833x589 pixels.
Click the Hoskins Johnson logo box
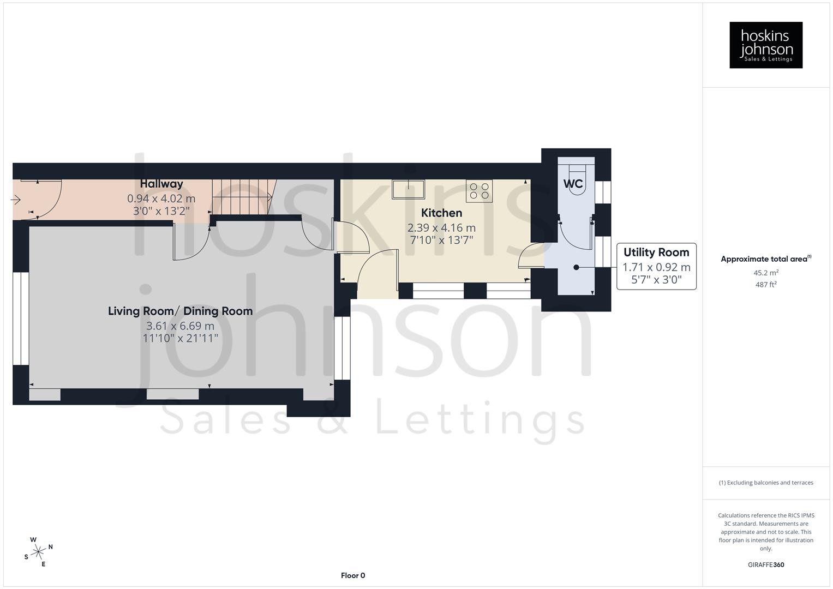[x=765, y=45]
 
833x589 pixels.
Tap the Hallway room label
[x=161, y=184]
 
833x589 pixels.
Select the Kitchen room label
[x=441, y=213]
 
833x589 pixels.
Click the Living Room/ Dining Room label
[x=180, y=311]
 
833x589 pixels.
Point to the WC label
[x=573, y=184]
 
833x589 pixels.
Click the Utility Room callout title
[x=656, y=253]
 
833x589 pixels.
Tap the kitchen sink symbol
[x=408, y=189]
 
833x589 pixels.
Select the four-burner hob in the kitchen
[x=479, y=191]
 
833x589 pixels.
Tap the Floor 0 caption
[x=353, y=575]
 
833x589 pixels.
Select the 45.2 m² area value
[x=765, y=273]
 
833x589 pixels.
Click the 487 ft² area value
[x=765, y=284]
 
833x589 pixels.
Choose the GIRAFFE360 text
[x=765, y=564]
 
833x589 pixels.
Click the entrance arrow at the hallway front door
[x=16, y=200]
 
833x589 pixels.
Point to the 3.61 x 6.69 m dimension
[x=180, y=326]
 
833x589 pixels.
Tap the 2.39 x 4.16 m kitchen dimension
[x=441, y=227]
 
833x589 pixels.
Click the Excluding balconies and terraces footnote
[x=765, y=483]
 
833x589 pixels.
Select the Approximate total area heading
[x=765, y=259]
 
